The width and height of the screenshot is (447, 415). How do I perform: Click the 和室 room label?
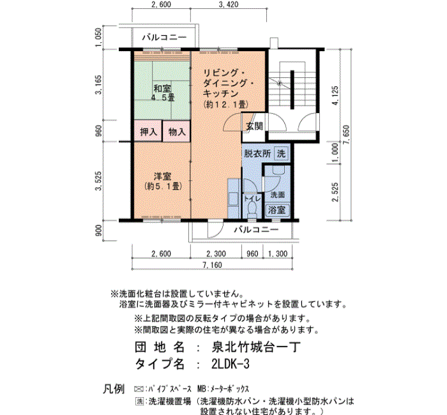tap(162, 88)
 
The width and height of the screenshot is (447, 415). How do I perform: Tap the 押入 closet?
tap(148, 132)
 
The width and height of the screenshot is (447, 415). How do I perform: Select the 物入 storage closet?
tap(176, 132)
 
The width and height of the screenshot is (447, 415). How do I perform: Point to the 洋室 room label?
tap(162, 176)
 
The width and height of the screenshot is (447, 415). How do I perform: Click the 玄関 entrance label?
tap(254, 126)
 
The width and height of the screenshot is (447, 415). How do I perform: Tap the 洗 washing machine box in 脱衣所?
tap(281, 154)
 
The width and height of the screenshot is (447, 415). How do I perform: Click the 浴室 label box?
tap(277, 210)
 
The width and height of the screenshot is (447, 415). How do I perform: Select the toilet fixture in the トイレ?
tap(252, 209)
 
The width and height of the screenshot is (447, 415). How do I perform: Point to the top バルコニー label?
tap(165, 37)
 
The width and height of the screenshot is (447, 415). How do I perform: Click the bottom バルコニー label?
tap(256, 229)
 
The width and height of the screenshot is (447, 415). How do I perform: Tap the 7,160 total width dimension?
tap(212, 265)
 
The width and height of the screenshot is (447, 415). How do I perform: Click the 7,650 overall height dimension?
tap(346, 135)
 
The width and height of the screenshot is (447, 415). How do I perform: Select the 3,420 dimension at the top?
tap(229, 4)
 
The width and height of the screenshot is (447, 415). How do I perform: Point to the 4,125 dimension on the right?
tap(335, 96)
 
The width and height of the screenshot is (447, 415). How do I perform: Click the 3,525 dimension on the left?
tap(98, 181)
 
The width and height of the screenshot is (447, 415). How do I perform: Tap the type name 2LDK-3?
tap(231, 364)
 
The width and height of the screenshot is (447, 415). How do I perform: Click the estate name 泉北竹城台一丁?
tap(256, 347)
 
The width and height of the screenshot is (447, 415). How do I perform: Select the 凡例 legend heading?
tap(114, 389)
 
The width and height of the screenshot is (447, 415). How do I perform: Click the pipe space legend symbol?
tap(139, 389)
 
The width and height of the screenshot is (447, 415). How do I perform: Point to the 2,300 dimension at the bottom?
tap(216, 253)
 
